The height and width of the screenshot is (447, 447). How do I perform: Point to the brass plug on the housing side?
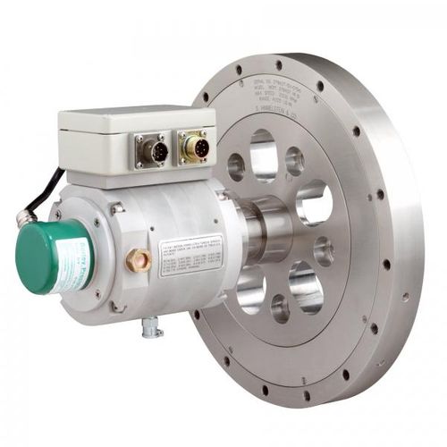click(x=139, y=261)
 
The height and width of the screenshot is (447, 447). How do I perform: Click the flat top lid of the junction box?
click(x=134, y=116)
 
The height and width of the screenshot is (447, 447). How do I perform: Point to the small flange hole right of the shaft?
click(x=323, y=250)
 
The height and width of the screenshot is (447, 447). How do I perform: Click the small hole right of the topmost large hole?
click(x=294, y=161)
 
